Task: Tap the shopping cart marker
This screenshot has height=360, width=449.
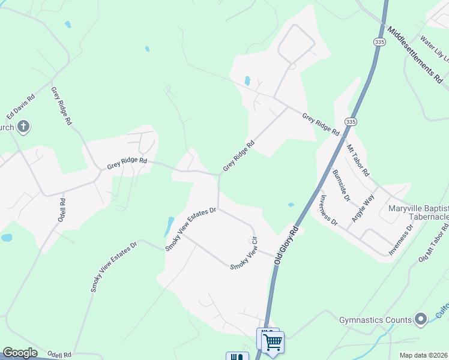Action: [273, 343]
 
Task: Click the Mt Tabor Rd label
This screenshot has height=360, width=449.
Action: [358, 160]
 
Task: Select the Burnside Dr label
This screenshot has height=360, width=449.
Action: [340, 185]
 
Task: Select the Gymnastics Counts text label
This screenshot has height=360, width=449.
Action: [375, 320]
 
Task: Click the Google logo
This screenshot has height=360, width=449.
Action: [20, 353]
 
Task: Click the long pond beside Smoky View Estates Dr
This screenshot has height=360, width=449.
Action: [170, 226]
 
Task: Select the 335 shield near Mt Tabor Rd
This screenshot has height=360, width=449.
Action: [352, 122]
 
